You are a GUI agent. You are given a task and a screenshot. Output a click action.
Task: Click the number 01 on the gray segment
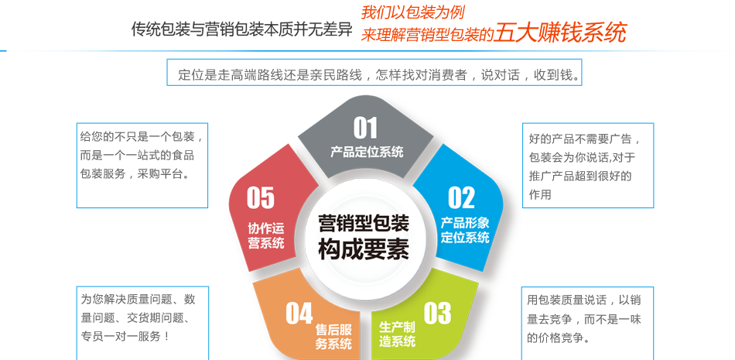point(365,128)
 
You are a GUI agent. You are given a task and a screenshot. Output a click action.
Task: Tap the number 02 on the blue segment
point(461,197)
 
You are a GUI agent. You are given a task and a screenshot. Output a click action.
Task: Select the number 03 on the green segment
point(437,313)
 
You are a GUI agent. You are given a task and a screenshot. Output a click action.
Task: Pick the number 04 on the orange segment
point(299,313)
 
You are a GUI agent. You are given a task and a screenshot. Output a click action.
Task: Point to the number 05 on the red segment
point(260,197)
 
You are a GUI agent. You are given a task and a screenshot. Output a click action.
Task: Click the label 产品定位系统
point(367,152)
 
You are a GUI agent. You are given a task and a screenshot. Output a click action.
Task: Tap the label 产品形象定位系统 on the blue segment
point(465,230)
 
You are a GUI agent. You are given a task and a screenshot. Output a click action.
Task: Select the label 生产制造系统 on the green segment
point(397,334)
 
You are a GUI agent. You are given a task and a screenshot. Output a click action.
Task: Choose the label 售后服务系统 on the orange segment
point(333,337)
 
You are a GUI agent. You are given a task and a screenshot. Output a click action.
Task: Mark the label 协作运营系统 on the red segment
point(266,235)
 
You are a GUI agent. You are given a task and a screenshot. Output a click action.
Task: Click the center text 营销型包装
point(364,223)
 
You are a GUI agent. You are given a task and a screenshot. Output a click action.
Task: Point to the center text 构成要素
point(364,250)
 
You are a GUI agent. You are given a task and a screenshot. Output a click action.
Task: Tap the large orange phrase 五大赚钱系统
point(560,33)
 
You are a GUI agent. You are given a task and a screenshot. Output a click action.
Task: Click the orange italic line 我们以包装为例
point(412,12)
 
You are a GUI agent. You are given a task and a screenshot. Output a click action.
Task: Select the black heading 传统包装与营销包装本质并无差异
point(241,29)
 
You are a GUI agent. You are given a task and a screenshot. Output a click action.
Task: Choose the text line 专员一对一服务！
point(125,336)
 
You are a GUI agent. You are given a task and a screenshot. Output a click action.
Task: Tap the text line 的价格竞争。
point(558,338)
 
